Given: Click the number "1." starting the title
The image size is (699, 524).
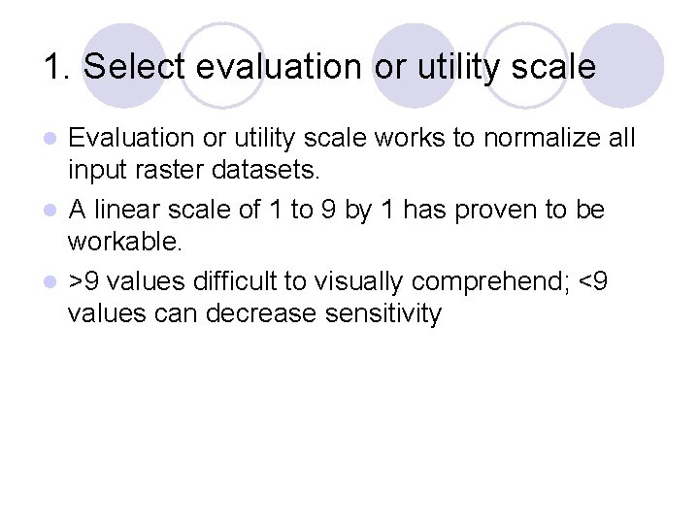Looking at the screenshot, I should pos(56,67).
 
